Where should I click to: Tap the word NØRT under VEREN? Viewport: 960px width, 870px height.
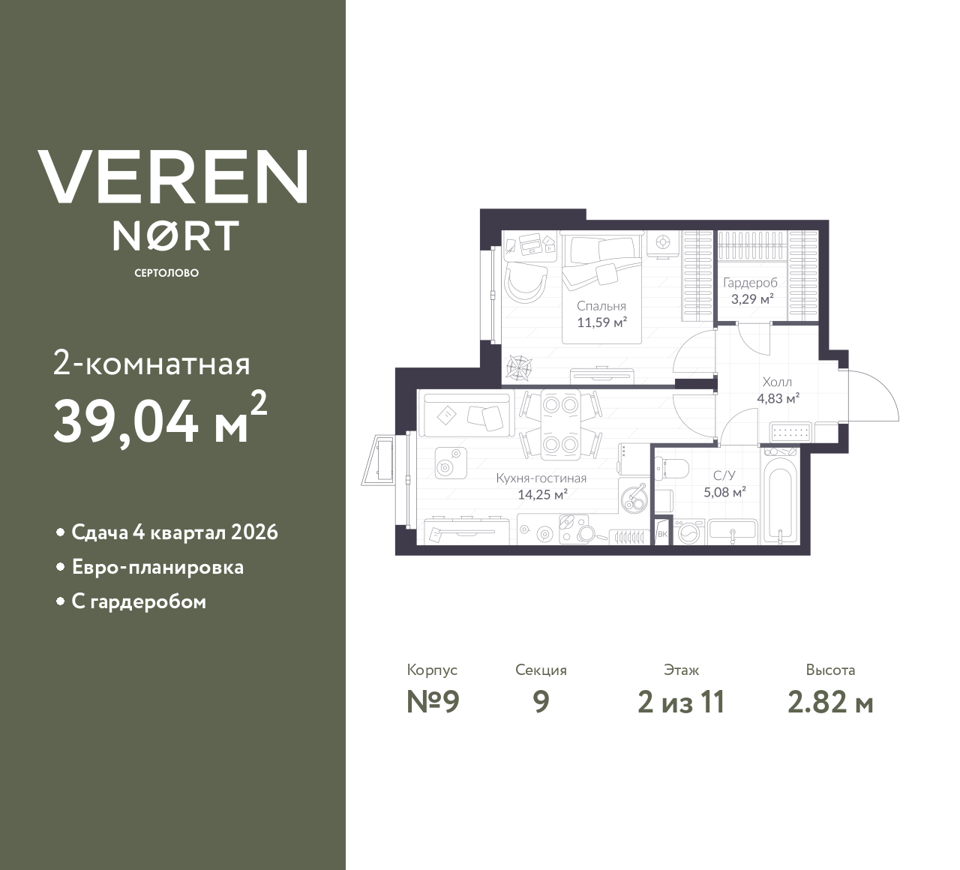click(176, 235)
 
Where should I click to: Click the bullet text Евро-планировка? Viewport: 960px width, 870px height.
click(157, 567)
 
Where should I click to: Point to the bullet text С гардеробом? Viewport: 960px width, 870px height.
click(139, 601)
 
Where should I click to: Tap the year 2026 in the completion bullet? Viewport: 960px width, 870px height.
click(255, 532)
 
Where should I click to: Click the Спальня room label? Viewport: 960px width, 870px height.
click(601, 306)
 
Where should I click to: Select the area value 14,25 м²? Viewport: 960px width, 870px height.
click(541, 494)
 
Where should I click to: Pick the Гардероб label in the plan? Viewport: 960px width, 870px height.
click(750, 283)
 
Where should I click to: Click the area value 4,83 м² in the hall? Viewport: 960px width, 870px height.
click(778, 398)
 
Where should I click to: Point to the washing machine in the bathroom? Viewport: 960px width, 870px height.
click(688, 532)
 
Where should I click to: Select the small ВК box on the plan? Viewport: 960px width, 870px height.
click(662, 534)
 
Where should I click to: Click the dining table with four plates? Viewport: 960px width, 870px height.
click(560, 424)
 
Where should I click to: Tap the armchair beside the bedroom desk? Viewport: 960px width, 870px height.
click(524, 282)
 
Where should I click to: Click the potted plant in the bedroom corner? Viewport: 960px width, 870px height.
click(517, 368)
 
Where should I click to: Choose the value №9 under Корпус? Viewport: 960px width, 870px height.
click(432, 702)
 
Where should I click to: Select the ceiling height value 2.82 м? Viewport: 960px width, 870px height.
click(830, 702)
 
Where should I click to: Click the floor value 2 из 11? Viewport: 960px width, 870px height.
click(681, 702)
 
